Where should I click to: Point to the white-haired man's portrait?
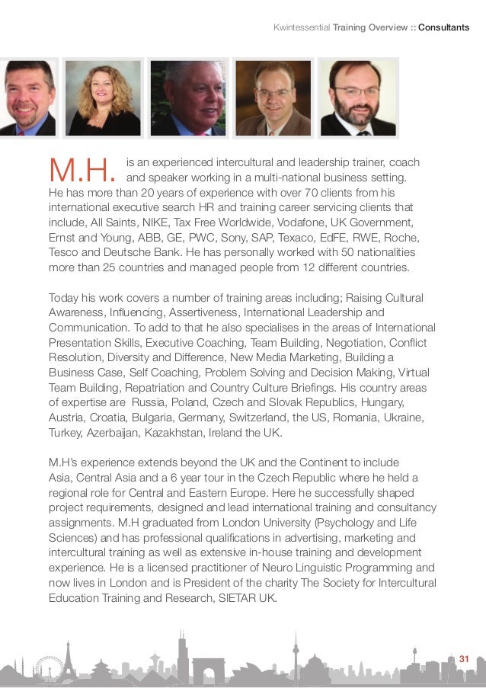[187, 98]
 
